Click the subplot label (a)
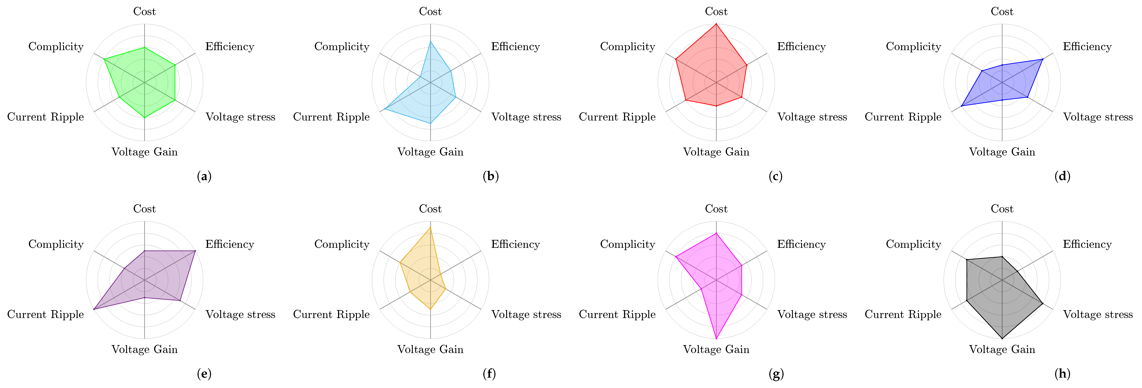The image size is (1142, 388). point(204,176)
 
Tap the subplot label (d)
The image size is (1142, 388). point(1062,176)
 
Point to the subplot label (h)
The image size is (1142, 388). point(1062,374)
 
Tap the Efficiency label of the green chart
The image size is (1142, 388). point(230,47)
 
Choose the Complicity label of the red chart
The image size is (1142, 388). point(627,47)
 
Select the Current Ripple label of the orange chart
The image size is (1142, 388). point(331,314)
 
